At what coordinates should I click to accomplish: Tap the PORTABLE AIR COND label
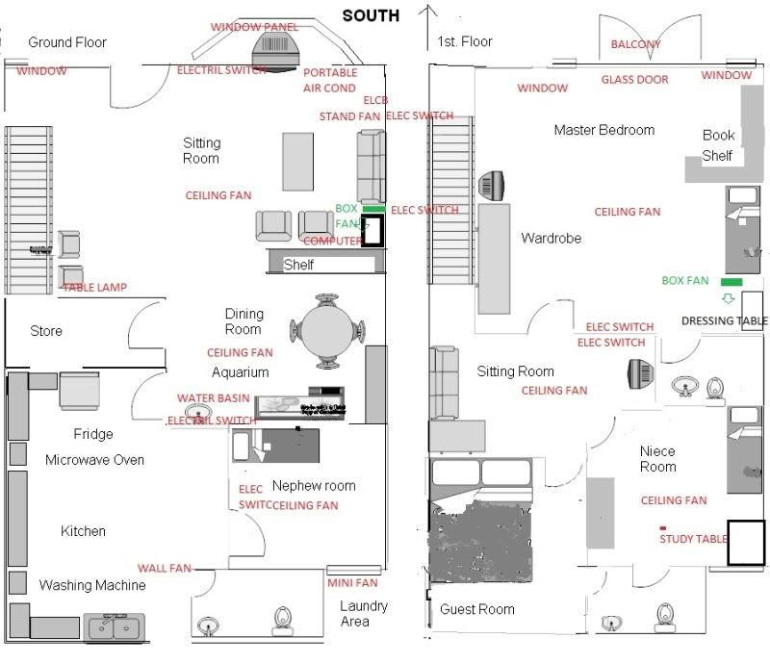330,80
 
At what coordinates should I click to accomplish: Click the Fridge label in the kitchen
93,434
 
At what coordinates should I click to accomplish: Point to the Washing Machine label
92,585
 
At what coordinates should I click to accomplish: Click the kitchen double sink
115,628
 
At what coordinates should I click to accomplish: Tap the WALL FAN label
165,569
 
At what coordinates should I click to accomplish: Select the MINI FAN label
351,583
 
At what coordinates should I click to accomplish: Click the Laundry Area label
364,613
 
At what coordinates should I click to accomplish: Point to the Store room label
46,331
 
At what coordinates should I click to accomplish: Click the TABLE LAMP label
94,288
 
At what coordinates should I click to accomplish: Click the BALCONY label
636,45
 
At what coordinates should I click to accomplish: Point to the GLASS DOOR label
634,80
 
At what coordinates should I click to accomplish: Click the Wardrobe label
552,238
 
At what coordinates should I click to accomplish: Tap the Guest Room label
476,609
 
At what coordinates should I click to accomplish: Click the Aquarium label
241,372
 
